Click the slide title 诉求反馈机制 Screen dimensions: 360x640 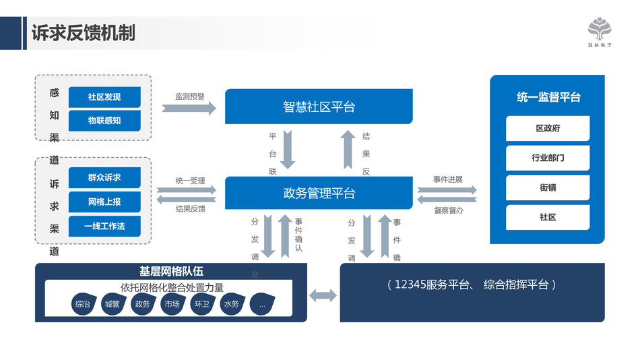click(x=84, y=33)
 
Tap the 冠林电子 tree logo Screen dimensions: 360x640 click(x=600, y=30)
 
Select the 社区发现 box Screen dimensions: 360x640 click(x=104, y=97)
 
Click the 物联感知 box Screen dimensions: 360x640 click(x=104, y=121)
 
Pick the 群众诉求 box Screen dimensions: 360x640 click(x=104, y=178)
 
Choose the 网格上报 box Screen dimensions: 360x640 click(x=104, y=202)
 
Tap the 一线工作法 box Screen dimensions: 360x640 click(x=104, y=226)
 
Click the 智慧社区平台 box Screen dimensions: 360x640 click(x=319, y=107)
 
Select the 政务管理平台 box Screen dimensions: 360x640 click(x=319, y=193)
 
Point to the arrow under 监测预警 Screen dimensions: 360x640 click(x=189, y=108)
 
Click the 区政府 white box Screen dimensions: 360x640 click(x=548, y=128)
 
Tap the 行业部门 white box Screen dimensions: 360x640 click(x=548, y=158)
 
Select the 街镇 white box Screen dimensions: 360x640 click(x=548, y=187)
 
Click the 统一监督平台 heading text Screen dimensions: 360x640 click(x=548, y=97)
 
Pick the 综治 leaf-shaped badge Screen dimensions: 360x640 click(x=83, y=305)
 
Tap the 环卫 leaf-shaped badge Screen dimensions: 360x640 click(x=201, y=305)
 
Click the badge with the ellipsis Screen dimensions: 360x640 click(x=262, y=305)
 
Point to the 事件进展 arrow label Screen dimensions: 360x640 click(x=447, y=179)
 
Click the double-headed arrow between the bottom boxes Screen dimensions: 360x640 click(x=323, y=295)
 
